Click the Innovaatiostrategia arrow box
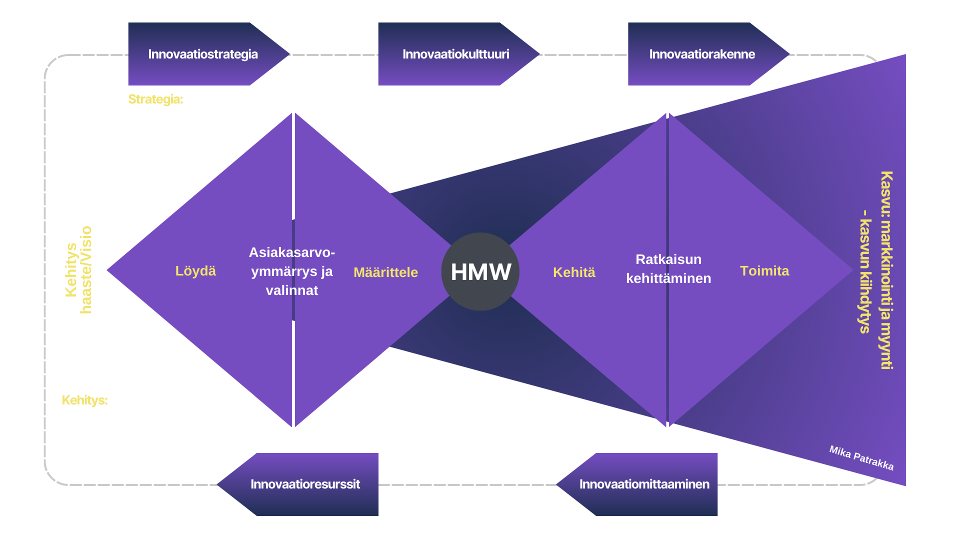point(209,54)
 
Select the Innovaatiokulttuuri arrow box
point(459,54)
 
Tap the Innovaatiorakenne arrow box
point(709,54)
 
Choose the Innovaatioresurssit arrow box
point(297,484)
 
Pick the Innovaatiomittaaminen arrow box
point(636,484)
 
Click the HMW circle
point(480,271)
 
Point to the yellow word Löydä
point(195,271)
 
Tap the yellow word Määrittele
point(385,272)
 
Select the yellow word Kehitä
point(574,272)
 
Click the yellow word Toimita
point(764,271)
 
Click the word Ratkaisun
point(668,259)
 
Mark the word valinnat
point(292,290)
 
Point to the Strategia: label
point(155,99)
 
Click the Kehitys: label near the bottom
point(84,400)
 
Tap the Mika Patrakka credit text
point(861,458)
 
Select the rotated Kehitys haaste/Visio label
point(78,270)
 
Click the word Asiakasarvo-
point(292,252)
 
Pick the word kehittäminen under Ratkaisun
point(668,278)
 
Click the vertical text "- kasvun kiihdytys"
point(865,272)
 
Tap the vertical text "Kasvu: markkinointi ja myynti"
point(887,270)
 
